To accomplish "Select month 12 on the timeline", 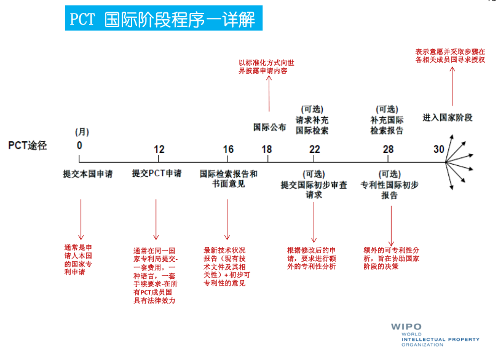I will [159, 149].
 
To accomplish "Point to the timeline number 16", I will [228, 149].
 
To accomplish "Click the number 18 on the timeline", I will [266, 149].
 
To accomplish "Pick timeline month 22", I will [314, 149].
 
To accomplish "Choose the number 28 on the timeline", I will [388, 149].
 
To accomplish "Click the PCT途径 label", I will [28, 146].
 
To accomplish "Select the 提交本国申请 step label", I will [88, 174].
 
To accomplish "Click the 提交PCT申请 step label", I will [157, 174].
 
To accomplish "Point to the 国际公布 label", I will [270, 128].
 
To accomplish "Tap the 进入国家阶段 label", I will [448, 117].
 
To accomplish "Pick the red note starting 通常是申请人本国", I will [78, 260].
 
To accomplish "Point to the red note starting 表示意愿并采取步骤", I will [450, 56].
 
